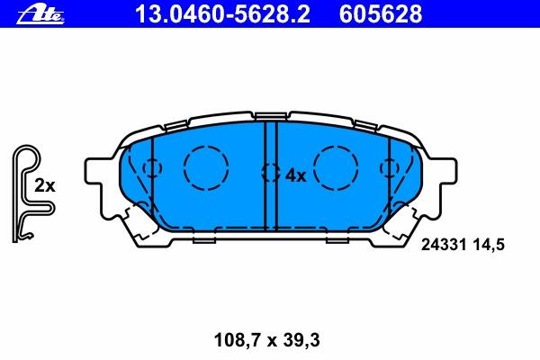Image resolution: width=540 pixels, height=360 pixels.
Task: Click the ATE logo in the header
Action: pos(40,15)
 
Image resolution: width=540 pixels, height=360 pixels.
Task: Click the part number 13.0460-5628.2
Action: pos(222,14)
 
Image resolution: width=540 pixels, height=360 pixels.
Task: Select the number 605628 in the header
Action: pos(380,14)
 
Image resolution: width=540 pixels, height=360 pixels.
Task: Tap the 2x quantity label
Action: pos(44,186)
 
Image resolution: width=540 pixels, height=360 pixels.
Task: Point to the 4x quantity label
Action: pos(295,175)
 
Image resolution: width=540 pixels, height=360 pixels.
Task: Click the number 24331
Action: pos(444,245)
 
